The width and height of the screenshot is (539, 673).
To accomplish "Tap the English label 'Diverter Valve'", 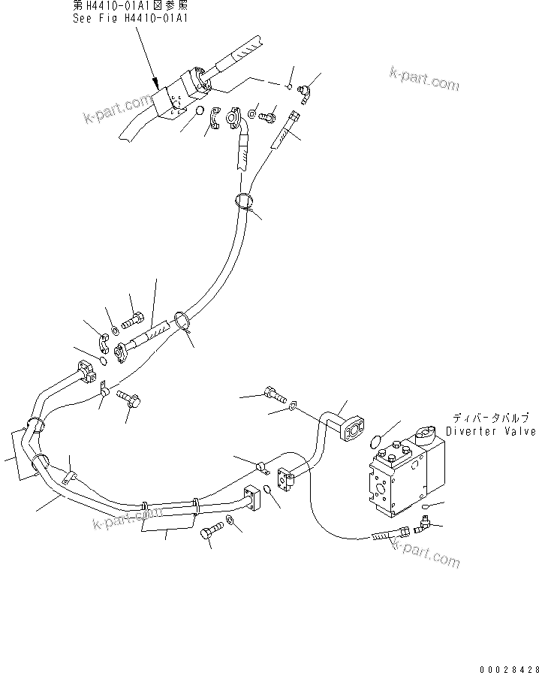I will [x=490, y=431].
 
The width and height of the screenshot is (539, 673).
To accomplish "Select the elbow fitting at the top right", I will [x=304, y=93].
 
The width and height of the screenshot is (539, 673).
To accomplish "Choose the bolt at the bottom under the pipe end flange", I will [x=210, y=533].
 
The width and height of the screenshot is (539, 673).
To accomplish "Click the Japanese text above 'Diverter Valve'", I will [x=491, y=417].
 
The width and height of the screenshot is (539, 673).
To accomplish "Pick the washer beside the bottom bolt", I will [x=230, y=521].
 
